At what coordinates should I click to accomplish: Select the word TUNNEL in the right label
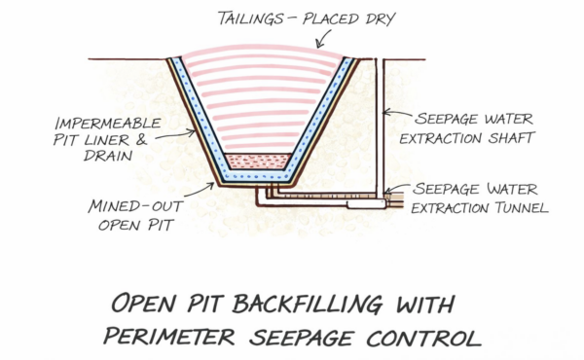click(511, 206)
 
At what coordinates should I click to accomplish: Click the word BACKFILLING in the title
click(310, 305)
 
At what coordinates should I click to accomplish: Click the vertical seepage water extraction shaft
click(382, 126)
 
